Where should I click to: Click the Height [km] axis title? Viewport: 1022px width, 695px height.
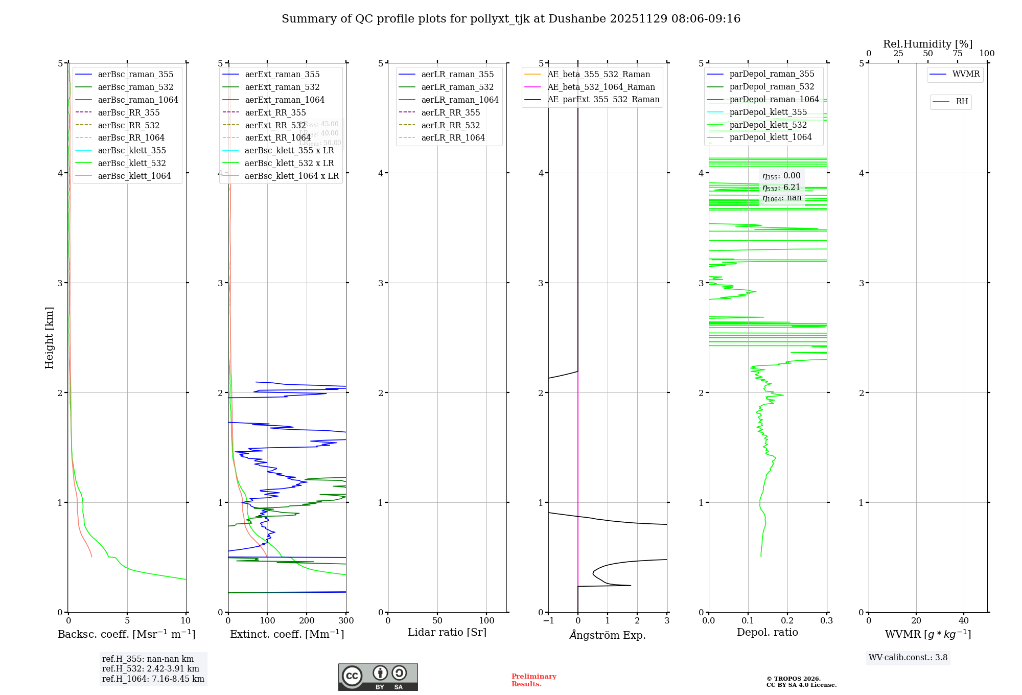point(49,337)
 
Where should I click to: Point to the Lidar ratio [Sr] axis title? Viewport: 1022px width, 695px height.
point(447,633)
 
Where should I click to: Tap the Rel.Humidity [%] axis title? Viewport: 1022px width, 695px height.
point(927,44)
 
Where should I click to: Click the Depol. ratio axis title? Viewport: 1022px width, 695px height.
point(767,633)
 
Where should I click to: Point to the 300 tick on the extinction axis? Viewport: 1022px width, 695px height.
point(346,621)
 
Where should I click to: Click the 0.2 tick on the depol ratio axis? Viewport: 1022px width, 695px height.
point(787,621)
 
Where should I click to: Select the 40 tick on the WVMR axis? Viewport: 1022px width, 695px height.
point(964,621)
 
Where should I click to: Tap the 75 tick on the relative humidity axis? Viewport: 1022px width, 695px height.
point(957,54)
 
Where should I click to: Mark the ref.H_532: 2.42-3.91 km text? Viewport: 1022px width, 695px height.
point(151,669)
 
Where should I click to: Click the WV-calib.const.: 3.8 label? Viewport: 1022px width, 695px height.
point(908,658)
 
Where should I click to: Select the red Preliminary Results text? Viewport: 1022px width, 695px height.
point(533,680)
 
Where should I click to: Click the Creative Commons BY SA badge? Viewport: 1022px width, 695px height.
point(378,677)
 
